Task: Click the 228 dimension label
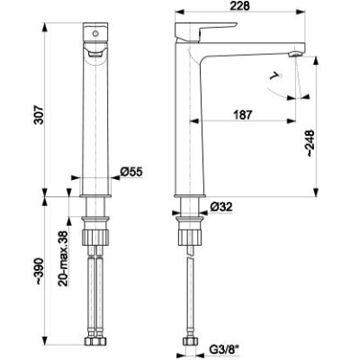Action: (239, 5)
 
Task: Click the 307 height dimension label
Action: (39, 114)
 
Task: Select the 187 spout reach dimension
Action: (242, 114)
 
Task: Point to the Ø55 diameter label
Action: (131, 172)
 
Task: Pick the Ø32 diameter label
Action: (221, 207)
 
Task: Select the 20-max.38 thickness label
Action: (63, 258)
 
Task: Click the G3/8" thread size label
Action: (225, 349)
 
